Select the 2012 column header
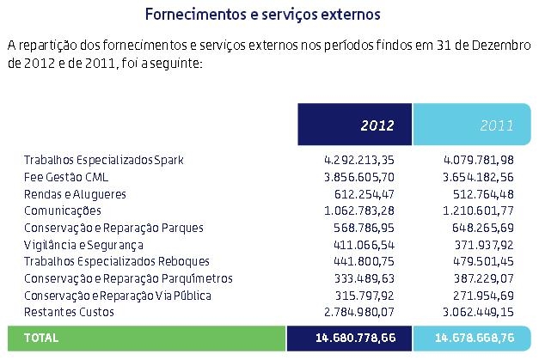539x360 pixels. click(x=377, y=125)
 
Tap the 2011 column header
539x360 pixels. click(x=497, y=125)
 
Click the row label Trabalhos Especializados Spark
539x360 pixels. click(x=104, y=161)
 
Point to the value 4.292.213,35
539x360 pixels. click(x=359, y=161)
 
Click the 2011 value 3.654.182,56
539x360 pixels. click(x=479, y=177)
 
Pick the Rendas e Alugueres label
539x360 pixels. click(x=75, y=194)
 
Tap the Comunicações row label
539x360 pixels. click(x=63, y=211)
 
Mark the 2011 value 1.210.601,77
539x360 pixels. click(x=479, y=211)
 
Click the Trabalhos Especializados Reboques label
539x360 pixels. click(x=111, y=261)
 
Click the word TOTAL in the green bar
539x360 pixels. click(x=42, y=339)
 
